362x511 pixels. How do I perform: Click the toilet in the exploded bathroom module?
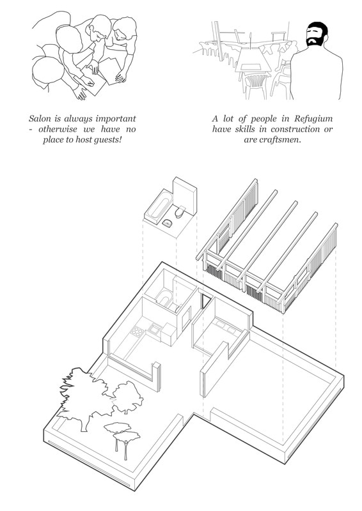(x=182, y=210)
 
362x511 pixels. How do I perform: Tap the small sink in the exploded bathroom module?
(x=168, y=222)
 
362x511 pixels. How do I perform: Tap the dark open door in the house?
(x=204, y=302)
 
